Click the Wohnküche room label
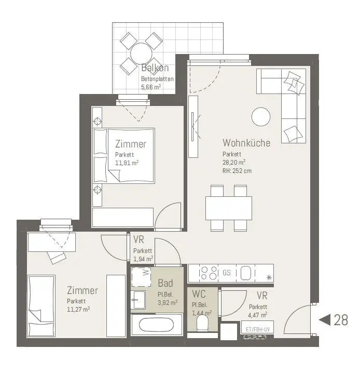click(246, 143)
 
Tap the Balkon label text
click(155, 68)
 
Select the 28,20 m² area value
click(234, 163)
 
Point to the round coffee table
click(261, 117)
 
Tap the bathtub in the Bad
click(157, 326)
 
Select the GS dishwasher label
click(227, 273)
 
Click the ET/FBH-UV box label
click(257, 329)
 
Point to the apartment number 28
click(341, 320)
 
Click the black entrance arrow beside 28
click(324, 320)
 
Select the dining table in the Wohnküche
click(229, 208)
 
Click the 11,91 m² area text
click(127, 163)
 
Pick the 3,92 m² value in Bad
click(168, 302)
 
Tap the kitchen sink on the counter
click(245, 273)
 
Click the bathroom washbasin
click(138, 300)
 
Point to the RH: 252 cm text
click(237, 171)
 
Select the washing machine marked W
click(141, 277)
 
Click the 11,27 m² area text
click(78, 309)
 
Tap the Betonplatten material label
click(157, 78)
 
